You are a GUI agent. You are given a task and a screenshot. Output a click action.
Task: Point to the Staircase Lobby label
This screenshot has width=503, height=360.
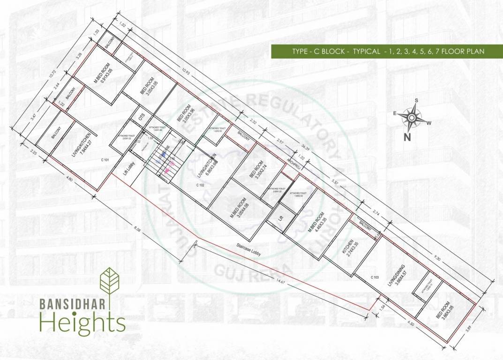click(x=248, y=252)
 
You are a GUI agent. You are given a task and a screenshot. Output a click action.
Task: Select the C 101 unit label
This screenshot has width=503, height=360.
click(x=105, y=161)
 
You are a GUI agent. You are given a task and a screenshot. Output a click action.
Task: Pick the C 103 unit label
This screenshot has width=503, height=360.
click(x=375, y=277)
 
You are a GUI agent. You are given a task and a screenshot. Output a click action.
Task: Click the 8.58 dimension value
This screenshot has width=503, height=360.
click(x=137, y=229)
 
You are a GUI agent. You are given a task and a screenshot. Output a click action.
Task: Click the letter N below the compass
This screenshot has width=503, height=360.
click(x=407, y=137)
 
